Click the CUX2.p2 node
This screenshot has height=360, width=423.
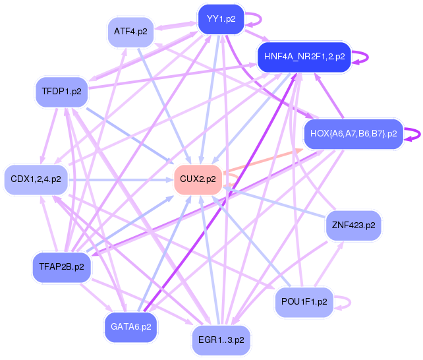(x=198, y=179)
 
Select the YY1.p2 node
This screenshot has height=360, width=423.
(x=221, y=18)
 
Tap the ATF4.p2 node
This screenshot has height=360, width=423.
(x=130, y=32)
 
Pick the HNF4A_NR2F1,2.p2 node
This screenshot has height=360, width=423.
(x=304, y=57)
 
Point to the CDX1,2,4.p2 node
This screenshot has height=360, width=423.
(x=36, y=179)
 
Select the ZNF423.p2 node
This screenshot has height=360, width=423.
(x=353, y=225)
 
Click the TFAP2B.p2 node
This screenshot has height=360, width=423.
(x=62, y=267)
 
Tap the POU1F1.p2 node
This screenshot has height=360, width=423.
(x=304, y=303)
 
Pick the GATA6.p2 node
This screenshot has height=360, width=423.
(x=131, y=326)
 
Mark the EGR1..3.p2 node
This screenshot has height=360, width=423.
(x=221, y=340)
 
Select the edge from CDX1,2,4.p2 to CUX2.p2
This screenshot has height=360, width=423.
(x=119, y=179)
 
